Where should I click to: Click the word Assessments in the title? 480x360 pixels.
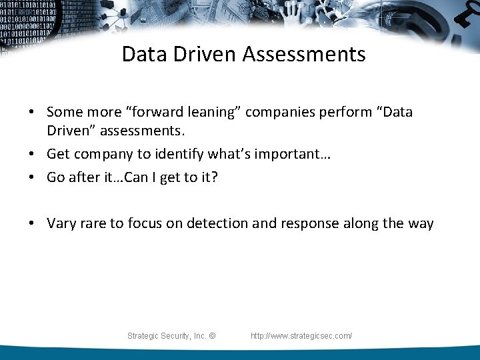click(304, 54)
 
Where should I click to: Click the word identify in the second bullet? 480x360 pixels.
click(179, 154)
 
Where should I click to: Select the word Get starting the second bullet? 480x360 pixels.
click(58, 154)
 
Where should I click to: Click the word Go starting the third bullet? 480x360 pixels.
click(56, 177)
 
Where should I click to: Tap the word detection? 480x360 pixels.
click(217, 223)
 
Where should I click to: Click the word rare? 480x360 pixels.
click(93, 223)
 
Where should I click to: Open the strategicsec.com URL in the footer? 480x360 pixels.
click(301, 336)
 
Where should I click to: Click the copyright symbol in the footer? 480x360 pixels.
click(212, 336)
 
